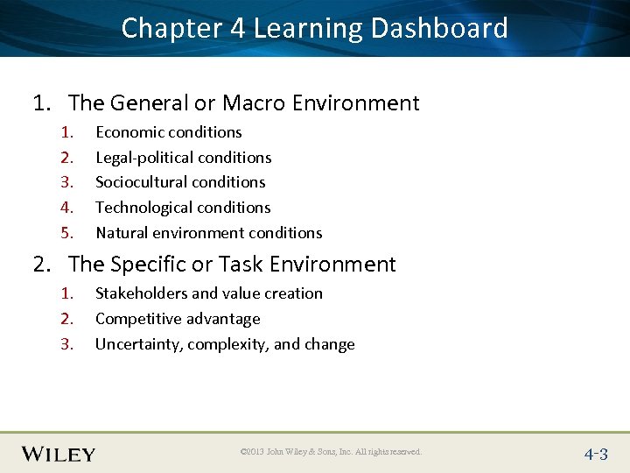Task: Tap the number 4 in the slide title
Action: click(x=237, y=28)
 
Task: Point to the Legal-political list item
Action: click(x=183, y=158)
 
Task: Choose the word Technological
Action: click(x=142, y=208)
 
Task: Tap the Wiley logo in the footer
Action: click(x=59, y=454)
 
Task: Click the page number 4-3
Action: click(x=596, y=454)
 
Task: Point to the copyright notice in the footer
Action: click(x=331, y=452)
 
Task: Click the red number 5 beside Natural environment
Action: click(x=65, y=233)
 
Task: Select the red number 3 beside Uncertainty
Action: click(x=65, y=344)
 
